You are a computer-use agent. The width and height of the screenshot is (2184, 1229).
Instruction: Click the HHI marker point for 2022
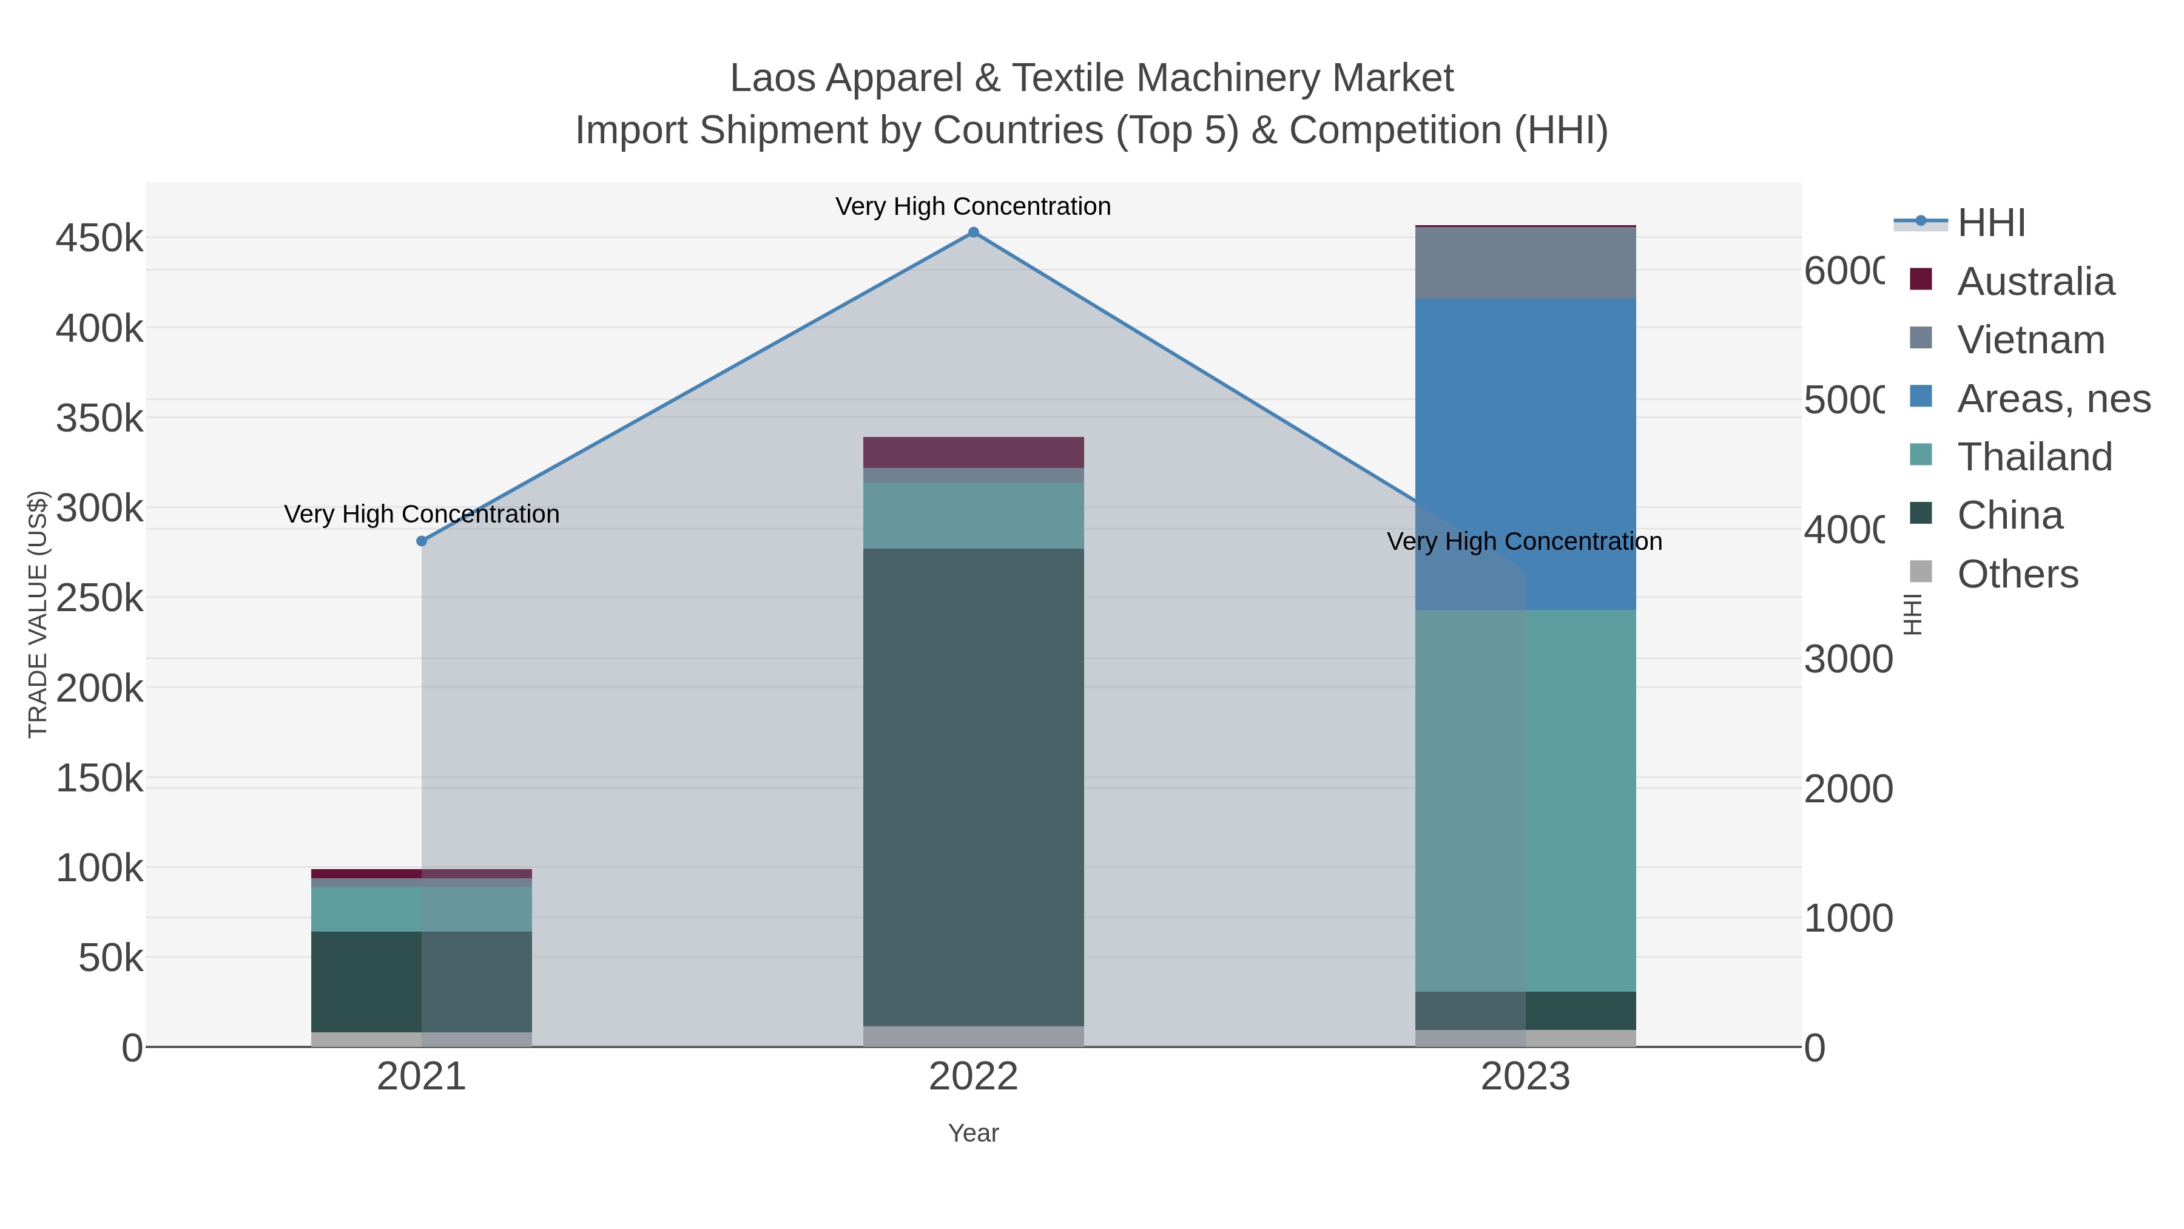point(973,232)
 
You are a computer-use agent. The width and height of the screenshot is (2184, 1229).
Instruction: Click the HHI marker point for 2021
point(422,541)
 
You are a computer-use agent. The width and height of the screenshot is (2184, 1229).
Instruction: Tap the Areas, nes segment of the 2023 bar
point(1525,454)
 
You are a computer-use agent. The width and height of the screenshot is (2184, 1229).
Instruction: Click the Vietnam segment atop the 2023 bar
point(1525,263)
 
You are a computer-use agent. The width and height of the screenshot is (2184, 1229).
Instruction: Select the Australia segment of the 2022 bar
point(973,452)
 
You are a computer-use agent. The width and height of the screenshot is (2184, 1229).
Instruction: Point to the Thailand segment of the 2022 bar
point(973,516)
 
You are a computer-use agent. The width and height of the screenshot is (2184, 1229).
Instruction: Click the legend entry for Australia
point(2035,282)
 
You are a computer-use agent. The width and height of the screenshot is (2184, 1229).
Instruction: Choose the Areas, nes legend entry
point(2052,399)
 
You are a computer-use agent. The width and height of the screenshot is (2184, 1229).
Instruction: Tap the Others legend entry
point(2017,574)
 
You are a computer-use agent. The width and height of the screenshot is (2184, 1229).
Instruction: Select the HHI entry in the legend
point(1990,223)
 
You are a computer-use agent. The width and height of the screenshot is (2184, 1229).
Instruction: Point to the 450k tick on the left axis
point(100,239)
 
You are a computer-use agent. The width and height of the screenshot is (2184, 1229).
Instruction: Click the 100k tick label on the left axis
point(100,868)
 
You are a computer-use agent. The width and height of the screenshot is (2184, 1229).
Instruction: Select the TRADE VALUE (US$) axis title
point(38,614)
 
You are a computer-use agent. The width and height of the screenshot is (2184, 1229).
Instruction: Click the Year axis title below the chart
point(973,1133)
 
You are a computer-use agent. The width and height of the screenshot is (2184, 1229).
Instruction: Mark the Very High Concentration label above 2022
point(973,206)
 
